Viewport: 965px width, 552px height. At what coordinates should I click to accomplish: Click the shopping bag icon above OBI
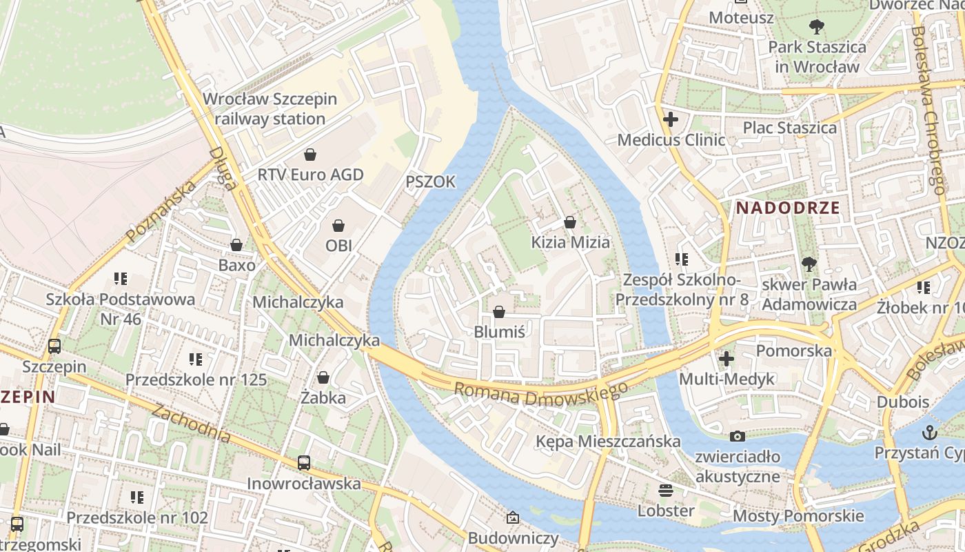click(x=338, y=226)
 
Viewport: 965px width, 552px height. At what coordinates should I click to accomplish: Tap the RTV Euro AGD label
click(x=310, y=175)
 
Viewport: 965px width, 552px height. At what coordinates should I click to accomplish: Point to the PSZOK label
click(x=431, y=181)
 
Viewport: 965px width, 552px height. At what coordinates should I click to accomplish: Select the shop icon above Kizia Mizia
click(x=570, y=222)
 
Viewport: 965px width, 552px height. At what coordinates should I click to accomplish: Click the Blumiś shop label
click(x=500, y=332)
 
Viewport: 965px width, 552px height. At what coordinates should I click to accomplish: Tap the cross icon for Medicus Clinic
click(x=670, y=119)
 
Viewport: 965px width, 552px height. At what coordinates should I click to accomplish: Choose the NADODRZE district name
click(x=788, y=208)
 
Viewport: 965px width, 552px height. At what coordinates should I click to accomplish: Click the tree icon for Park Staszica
click(x=817, y=28)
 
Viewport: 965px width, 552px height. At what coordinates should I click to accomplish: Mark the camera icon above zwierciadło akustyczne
click(x=738, y=436)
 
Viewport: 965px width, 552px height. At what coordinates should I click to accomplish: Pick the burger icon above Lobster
click(x=665, y=491)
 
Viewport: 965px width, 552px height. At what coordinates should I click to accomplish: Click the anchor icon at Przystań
click(x=930, y=433)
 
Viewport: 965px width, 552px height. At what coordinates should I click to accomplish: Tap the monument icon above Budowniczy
click(x=513, y=517)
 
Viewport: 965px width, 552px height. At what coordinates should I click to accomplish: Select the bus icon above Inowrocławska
click(x=304, y=463)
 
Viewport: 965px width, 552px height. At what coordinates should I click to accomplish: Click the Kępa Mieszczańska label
click(x=608, y=441)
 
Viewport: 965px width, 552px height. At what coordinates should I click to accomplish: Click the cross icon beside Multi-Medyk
click(x=726, y=359)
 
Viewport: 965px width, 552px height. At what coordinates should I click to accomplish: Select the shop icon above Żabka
click(x=323, y=377)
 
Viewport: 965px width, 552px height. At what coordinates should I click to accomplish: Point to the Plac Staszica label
click(x=789, y=128)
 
